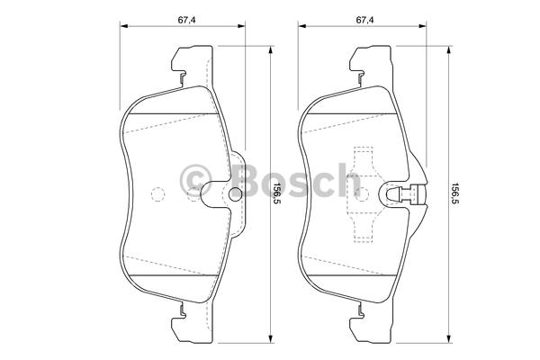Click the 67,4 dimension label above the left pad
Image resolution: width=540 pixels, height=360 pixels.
pyautogui.click(x=186, y=20)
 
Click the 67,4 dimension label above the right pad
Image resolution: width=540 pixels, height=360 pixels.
pyautogui.click(x=364, y=20)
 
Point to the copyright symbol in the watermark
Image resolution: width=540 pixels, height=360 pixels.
pyautogui.click(x=195, y=181)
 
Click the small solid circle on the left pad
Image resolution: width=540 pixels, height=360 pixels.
pyautogui.click(x=236, y=193)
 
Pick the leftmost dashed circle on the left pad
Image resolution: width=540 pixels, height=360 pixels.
pyautogui.click(x=157, y=194)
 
